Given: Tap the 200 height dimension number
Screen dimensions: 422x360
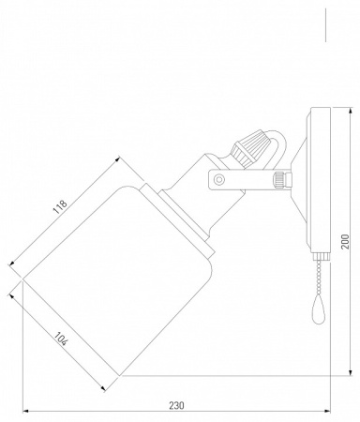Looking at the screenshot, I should tap(347, 242).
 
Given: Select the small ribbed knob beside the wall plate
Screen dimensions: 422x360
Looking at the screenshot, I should tap(279, 177).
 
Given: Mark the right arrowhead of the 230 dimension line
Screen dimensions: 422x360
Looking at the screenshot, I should tap(329, 413).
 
